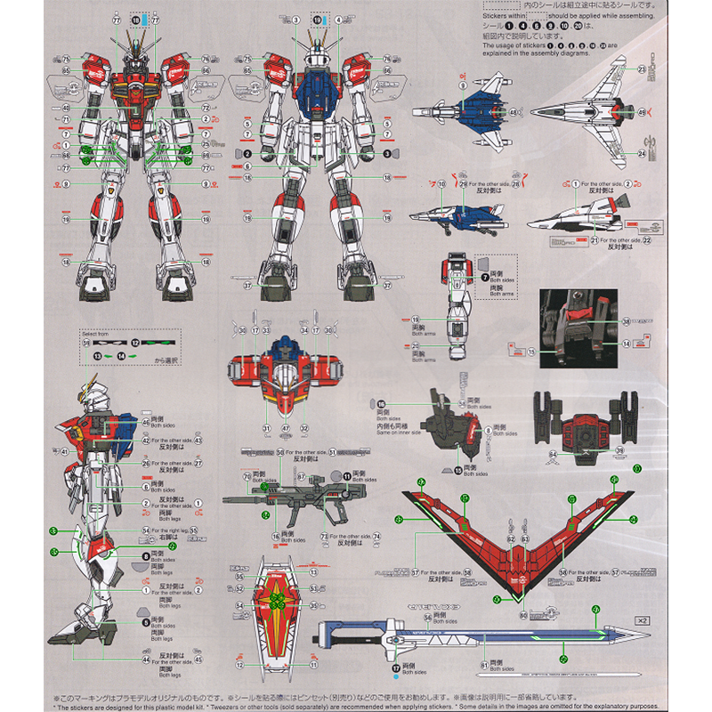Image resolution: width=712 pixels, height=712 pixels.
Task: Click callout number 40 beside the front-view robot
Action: click(x=66, y=108)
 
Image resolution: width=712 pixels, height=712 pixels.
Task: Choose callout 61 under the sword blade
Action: click(x=484, y=665)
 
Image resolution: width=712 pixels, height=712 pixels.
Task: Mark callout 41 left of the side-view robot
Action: click(x=64, y=452)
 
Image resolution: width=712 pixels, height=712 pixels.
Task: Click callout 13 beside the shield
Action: click(x=313, y=573)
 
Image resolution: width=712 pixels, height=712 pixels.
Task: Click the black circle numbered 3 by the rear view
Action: click(x=387, y=152)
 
